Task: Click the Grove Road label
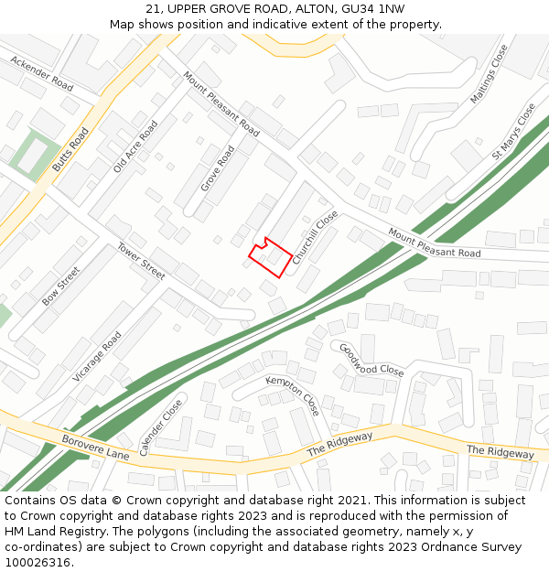point(218,167)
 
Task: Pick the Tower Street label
point(141,262)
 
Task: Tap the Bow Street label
point(61,286)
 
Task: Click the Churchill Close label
point(315,238)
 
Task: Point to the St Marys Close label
point(513,132)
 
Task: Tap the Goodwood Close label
point(371,360)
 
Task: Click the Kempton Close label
point(293,394)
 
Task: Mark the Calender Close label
point(160,426)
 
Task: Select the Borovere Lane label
point(95,448)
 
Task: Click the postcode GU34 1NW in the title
point(372,9)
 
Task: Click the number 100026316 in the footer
point(38,563)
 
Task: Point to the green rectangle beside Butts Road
point(35,156)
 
